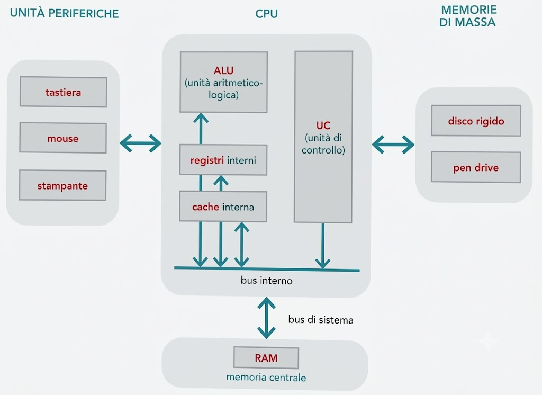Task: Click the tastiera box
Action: click(x=64, y=92)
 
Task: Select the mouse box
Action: click(x=63, y=138)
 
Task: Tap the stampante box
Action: click(x=62, y=185)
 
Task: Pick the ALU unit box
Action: click(x=224, y=82)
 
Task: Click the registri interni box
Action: click(x=223, y=160)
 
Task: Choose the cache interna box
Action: click(x=223, y=207)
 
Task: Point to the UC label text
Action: click(x=323, y=125)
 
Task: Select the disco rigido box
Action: click(x=476, y=121)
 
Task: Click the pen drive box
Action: click(x=476, y=167)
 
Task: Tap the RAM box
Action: click(x=266, y=357)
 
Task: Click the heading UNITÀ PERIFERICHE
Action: click(x=64, y=13)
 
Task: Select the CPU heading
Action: click(x=267, y=14)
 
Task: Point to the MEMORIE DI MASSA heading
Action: click(x=468, y=16)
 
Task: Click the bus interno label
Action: click(x=267, y=280)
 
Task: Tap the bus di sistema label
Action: click(x=321, y=320)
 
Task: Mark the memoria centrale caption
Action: click(x=266, y=377)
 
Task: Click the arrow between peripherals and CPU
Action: click(x=141, y=143)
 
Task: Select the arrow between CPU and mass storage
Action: click(x=393, y=144)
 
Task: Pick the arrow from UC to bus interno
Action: click(x=323, y=246)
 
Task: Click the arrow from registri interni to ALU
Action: click(x=201, y=128)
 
